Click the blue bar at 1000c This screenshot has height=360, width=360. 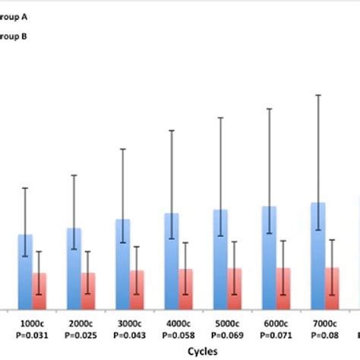pyautogui.click(x=26, y=270)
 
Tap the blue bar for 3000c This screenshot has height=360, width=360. pyautogui.click(x=122, y=263)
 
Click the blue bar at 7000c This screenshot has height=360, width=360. pyautogui.click(x=318, y=254)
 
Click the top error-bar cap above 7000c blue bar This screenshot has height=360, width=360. pyautogui.click(x=318, y=95)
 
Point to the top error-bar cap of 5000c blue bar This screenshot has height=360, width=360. pyautogui.click(x=221, y=118)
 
